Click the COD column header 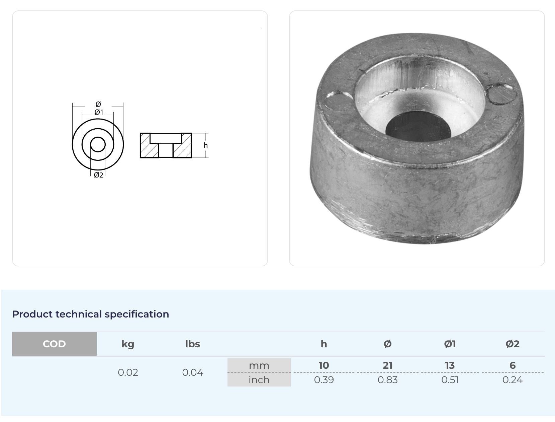pos(54,344)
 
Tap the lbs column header pos(192,344)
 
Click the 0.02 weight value pos(128,372)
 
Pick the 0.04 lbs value pos(192,372)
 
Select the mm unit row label pos(259,365)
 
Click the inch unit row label pos(259,380)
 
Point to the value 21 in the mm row pos(387,365)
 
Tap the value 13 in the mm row pos(450,365)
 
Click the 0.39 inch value pos(324,380)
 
